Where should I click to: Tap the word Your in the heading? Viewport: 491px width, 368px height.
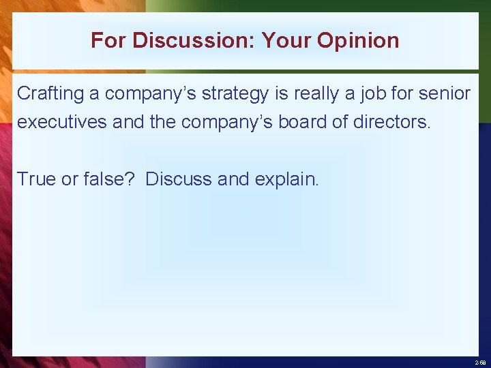coord(286,41)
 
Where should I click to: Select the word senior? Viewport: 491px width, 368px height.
coord(447,93)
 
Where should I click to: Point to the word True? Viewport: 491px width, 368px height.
coord(35,179)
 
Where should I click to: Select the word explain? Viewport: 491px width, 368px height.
coord(286,179)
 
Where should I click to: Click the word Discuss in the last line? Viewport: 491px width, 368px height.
coord(179,179)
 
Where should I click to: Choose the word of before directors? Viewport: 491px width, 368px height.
coord(344,123)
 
